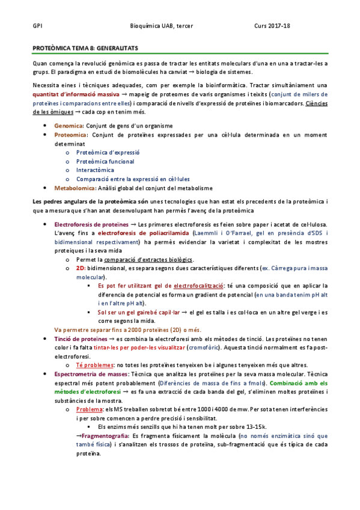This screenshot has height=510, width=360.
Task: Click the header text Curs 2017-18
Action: point(272,26)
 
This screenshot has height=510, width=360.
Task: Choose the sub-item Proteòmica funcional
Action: point(105,161)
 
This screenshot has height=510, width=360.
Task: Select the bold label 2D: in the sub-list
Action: point(81,268)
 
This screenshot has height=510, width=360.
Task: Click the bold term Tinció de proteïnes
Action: point(82,339)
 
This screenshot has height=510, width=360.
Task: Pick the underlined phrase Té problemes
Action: point(94,365)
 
